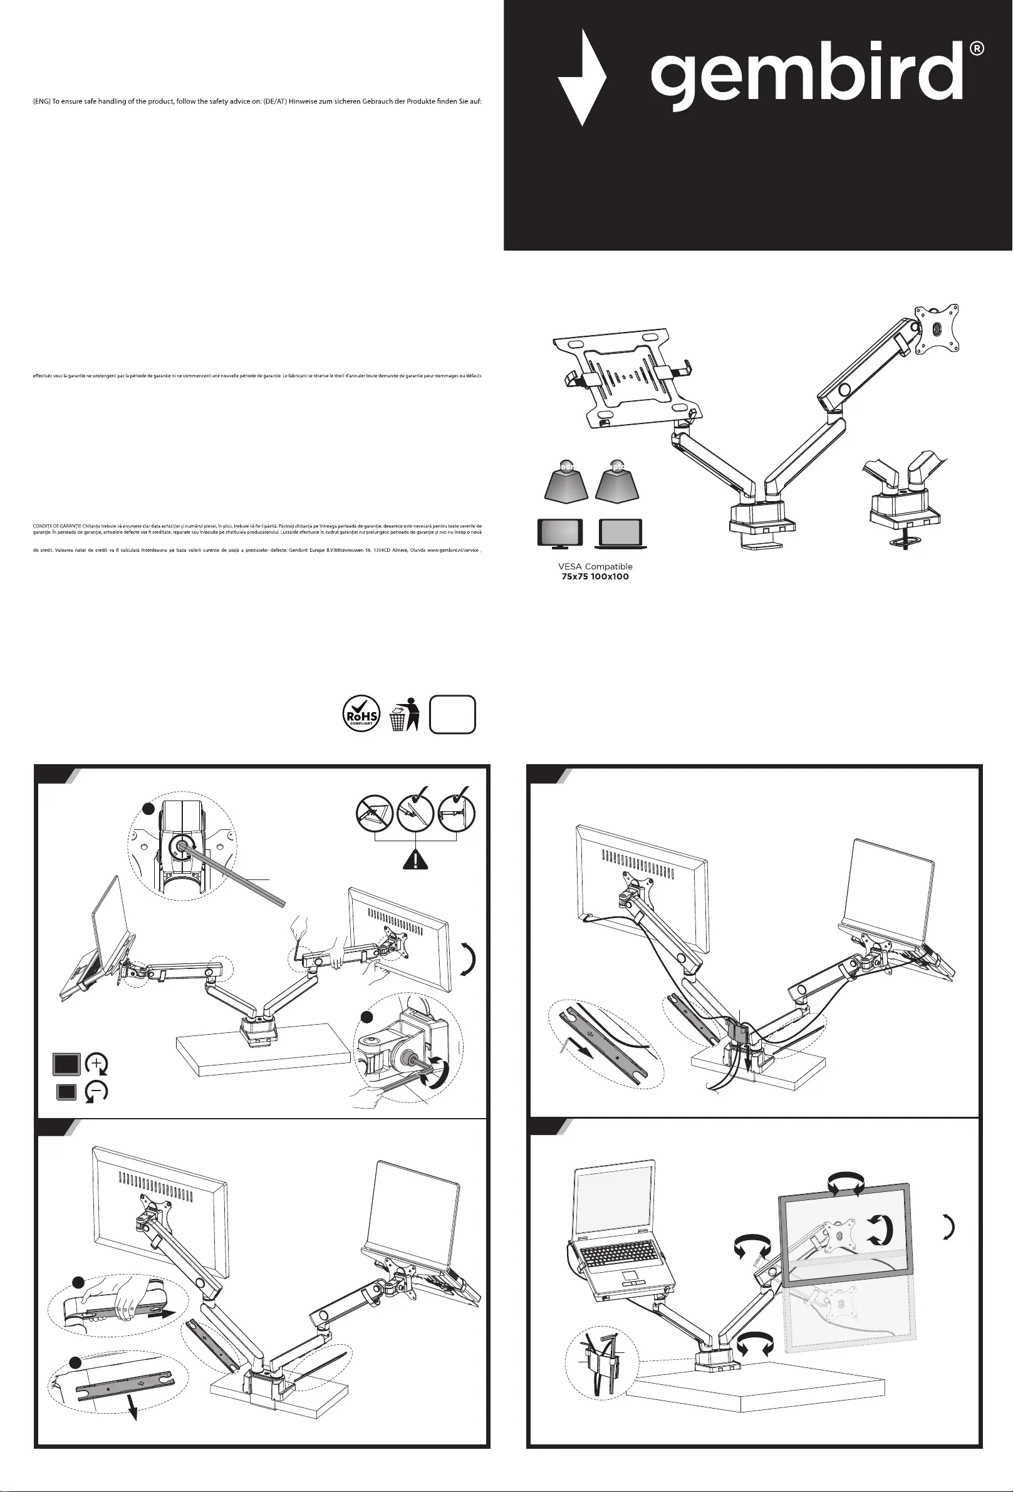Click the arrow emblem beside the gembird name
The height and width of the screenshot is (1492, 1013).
point(581,78)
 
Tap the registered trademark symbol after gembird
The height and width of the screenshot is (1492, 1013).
point(976,49)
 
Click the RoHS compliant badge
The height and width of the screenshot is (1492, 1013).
point(361,714)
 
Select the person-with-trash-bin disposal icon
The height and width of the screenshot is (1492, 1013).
point(405,715)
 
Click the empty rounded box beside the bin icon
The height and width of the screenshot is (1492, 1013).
point(452,714)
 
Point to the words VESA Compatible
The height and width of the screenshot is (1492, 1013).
point(595,566)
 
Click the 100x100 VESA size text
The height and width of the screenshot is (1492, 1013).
point(610,576)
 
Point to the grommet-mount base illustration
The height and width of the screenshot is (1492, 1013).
point(905,507)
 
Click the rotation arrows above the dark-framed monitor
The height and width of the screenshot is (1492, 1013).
point(846,1182)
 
